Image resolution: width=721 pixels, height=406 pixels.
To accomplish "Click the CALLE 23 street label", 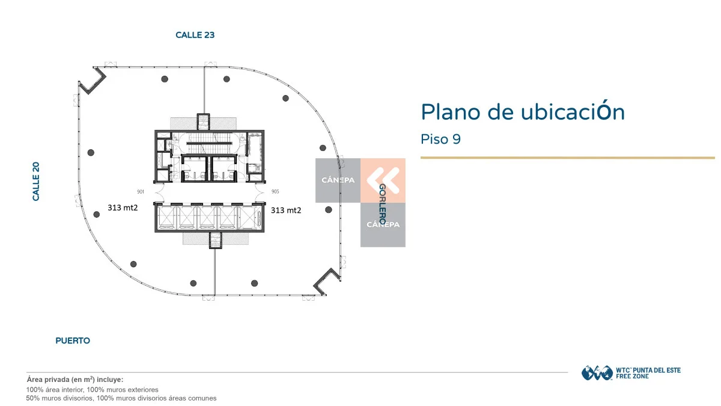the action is click(195, 35).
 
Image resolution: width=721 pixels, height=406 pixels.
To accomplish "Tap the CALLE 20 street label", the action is click(35, 182).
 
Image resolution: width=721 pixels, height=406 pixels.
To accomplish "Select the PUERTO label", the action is click(73, 340).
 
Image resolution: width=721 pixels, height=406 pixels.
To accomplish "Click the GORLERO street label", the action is click(382, 204).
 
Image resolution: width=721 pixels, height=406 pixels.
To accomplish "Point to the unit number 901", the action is click(141, 192).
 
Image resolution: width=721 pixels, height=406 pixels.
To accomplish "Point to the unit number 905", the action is click(275, 192).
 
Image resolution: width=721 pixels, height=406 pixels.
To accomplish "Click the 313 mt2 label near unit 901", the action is click(123, 208).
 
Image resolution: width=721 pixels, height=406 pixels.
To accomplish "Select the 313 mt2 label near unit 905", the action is click(286, 211).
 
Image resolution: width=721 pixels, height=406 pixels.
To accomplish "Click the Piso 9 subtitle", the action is click(440, 139).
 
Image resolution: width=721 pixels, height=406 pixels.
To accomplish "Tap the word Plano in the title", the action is click(451, 112).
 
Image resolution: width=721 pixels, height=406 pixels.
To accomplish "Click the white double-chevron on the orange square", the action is click(383, 180).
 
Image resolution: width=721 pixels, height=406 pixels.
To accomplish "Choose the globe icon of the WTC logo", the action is click(597, 373).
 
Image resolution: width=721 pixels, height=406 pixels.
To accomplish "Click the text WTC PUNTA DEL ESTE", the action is click(648, 371).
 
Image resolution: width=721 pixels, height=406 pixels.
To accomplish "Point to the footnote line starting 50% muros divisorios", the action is click(121, 398).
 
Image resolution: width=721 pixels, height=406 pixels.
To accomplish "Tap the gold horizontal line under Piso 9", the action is click(567, 158).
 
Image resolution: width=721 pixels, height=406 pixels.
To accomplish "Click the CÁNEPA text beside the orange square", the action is click(338, 180).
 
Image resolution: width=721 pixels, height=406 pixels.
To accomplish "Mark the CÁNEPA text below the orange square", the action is click(383, 224).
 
